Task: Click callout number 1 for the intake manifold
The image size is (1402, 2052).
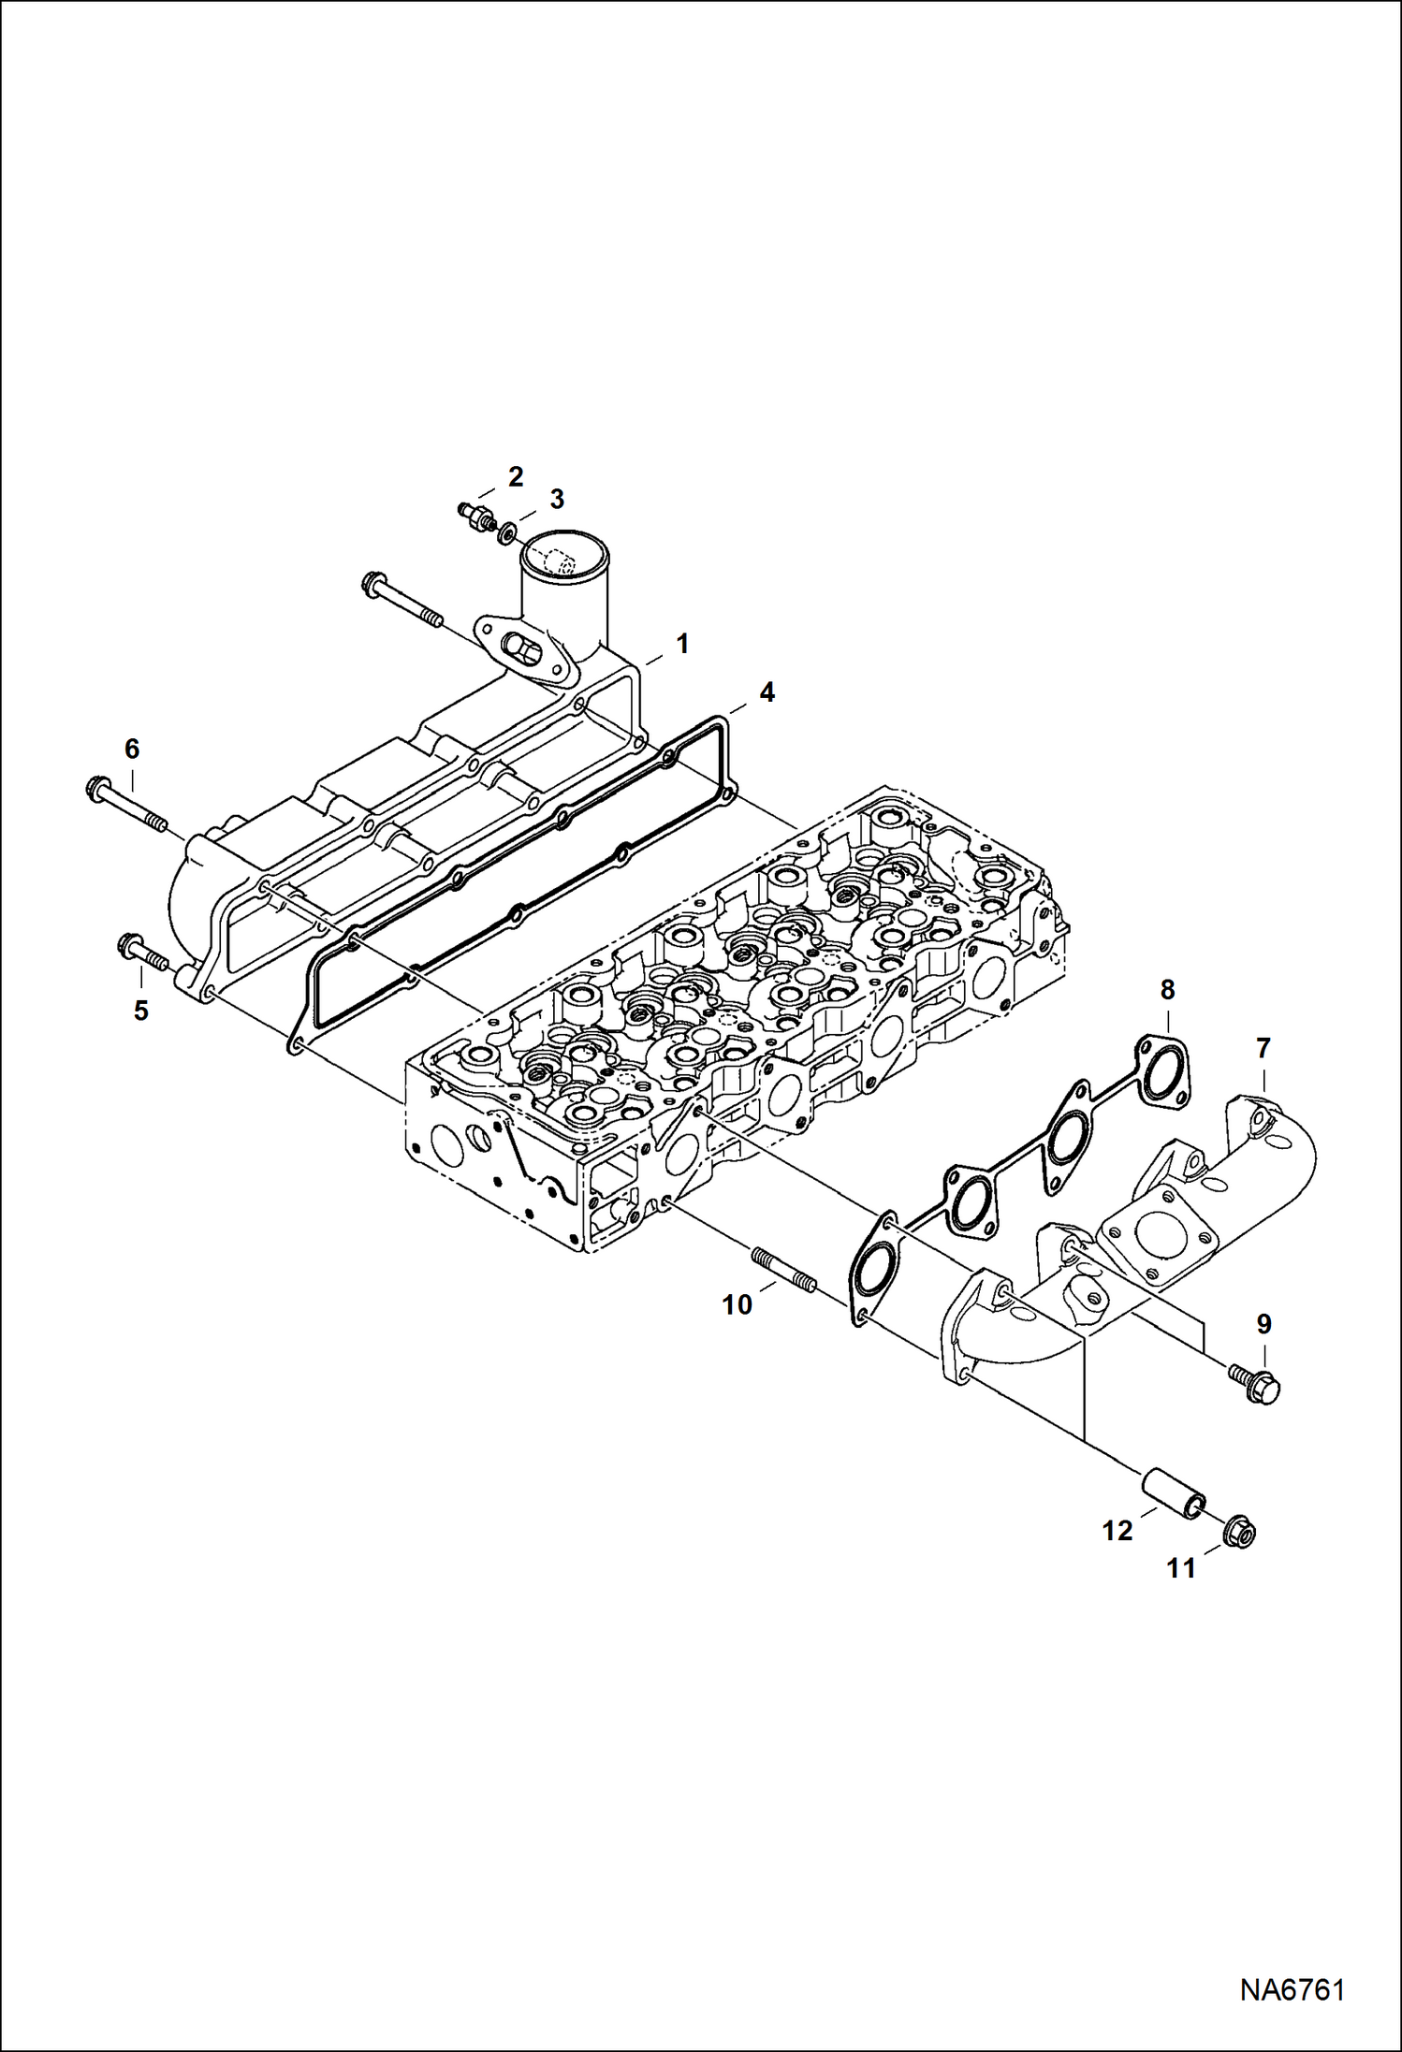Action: tap(682, 644)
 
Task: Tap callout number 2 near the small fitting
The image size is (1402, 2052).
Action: tap(515, 476)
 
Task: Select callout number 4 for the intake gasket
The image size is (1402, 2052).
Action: tap(767, 692)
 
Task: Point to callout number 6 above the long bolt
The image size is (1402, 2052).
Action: tap(132, 749)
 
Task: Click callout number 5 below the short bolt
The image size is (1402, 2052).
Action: tap(140, 1011)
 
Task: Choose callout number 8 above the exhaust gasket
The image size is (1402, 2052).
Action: tap(1167, 989)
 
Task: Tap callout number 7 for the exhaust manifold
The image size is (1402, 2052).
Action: tap(1263, 1049)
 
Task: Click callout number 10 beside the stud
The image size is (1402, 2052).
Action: tap(738, 1304)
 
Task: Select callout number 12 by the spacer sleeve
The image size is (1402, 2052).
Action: tap(1117, 1531)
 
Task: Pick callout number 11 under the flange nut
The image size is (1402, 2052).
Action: tap(1181, 1567)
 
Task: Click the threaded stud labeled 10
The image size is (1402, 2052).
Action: tap(784, 1271)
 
